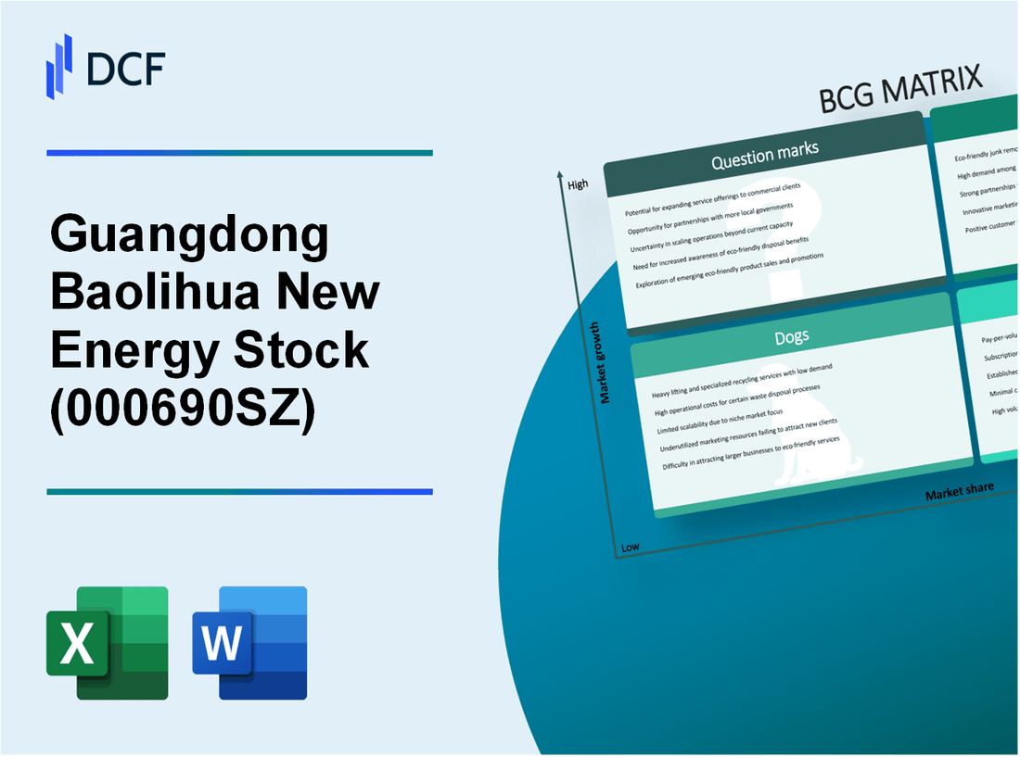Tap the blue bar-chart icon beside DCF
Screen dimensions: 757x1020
click(59, 66)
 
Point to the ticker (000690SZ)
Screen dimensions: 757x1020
click(183, 406)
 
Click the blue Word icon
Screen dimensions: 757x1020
click(250, 642)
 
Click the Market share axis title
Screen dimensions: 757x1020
click(959, 490)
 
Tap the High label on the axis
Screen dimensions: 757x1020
click(578, 184)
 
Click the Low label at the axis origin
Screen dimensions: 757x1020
click(631, 547)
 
